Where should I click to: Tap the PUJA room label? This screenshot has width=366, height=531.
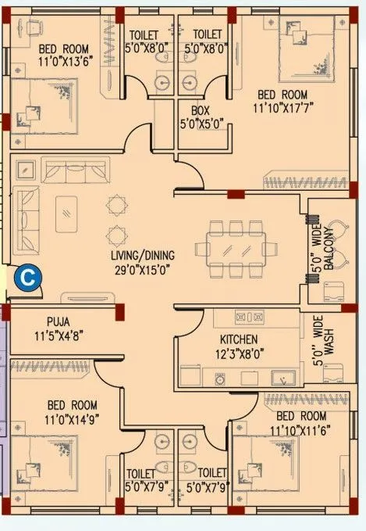click(x=58, y=321)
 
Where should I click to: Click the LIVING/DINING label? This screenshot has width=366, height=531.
click(x=142, y=255)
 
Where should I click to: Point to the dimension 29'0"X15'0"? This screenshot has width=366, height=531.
click(x=142, y=269)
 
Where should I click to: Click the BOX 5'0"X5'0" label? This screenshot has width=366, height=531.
click(x=203, y=117)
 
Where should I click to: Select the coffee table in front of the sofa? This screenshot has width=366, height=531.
click(x=67, y=208)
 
